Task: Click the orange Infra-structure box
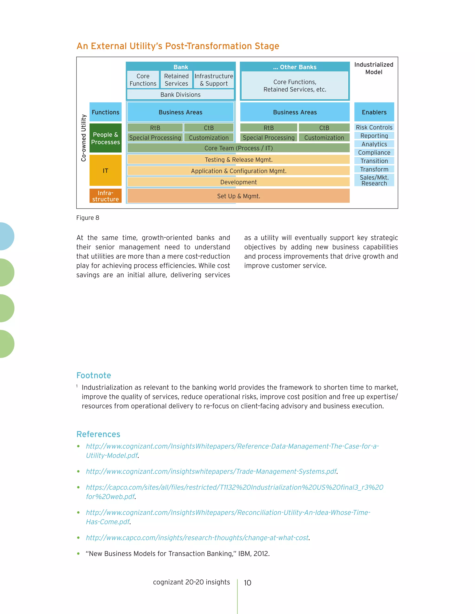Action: pos(105,196)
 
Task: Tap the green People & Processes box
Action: pos(105,138)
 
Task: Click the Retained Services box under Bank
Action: pos(176,80)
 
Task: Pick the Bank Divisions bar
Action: pos(180,95)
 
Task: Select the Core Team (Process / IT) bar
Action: pos(238,148)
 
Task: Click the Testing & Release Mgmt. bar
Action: pos(238,160)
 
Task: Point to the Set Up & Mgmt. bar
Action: pos(238,196)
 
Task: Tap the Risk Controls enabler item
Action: pos(374,127)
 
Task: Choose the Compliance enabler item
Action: pos(374,152)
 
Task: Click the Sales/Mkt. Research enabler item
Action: pos(374,180)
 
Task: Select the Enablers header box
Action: pos(374,112)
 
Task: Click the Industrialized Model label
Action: pos(374,68)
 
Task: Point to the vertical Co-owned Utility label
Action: pos(83,138)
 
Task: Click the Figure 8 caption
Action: pos(88,218)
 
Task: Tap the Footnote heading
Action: pos(94,375)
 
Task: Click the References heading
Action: pos(98,434)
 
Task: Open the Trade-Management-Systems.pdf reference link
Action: pos(211,472)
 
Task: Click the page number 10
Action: pos(247,583)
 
